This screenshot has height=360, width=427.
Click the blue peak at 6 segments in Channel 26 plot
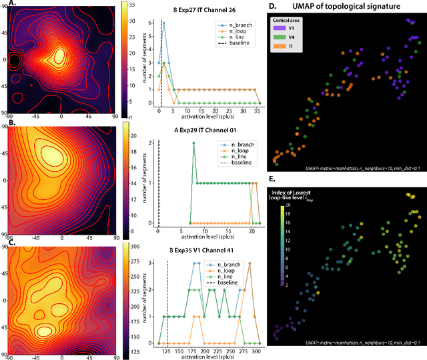click(x=164, y=22)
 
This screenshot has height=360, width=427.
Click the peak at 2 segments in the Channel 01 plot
click(x=193, y=143)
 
